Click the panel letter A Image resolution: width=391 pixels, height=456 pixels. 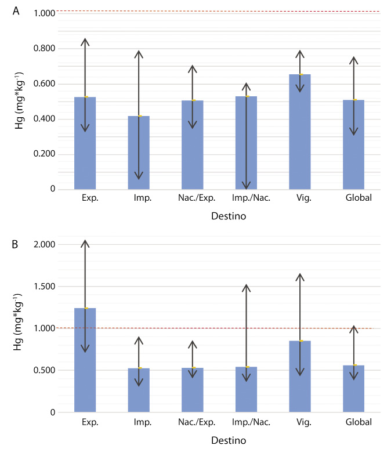point(16,11)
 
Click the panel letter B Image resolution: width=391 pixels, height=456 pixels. point(15,244)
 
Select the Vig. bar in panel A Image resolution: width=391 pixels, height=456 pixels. point(300,132)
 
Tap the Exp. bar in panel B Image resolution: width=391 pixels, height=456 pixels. point(85,360)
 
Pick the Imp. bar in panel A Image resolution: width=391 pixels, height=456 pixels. point(139,153)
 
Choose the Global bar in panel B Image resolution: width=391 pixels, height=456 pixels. point(353,389)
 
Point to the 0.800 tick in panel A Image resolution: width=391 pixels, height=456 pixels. point(44,48)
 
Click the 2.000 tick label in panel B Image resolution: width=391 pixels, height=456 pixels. point(44,245)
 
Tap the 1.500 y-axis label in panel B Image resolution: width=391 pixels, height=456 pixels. point(44,287)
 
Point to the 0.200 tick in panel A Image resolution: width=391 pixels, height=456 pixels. point(44,154)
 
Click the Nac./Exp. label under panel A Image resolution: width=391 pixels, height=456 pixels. point(197,198)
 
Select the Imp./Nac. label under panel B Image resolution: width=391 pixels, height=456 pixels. point(251,422)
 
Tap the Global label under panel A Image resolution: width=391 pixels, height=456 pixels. point(359,198)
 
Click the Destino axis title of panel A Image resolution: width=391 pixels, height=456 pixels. point(229,216)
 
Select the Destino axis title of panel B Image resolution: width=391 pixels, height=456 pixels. point(229,440)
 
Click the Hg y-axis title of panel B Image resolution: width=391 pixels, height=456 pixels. point(18,322)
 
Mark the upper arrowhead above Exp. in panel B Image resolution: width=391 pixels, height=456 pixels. point(85,244)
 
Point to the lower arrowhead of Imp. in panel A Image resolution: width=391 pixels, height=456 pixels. point(139,176)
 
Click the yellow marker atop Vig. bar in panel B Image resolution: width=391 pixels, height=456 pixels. point(302,341)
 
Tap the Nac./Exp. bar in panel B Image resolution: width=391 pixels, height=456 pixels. point(193,390)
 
